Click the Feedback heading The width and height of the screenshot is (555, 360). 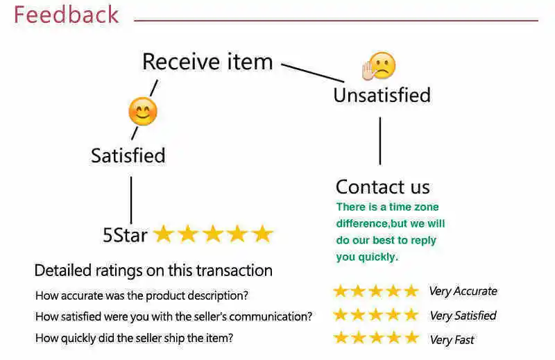click(67, 15)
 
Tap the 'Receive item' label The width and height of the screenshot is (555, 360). click(207, 62)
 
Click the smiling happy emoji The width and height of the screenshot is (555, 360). click(143, 112)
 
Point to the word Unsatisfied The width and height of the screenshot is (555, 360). click(382, 95)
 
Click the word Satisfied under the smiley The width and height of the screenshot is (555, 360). click(128, 155)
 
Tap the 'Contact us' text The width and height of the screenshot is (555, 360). click(382, 187)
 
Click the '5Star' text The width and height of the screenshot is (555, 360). click(125, 235)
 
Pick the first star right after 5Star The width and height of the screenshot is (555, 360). click(164, 234)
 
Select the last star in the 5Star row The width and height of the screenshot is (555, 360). click(262, 234)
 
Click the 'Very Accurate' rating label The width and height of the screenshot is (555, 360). click(463, 291)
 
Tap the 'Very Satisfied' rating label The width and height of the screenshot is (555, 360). click(463, 316)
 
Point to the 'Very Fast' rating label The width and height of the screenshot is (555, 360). click(452, 340)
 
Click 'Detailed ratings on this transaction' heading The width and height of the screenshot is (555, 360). click(153, 271)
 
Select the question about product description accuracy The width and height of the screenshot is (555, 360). click(142, 295)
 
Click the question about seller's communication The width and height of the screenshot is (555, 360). click(173, 317)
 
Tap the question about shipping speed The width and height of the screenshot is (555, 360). click(134, 338)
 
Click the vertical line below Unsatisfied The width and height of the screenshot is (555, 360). click(380, 141)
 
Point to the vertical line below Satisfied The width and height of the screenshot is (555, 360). click(131, 200)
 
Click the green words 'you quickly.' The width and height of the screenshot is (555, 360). click(367, 257)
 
